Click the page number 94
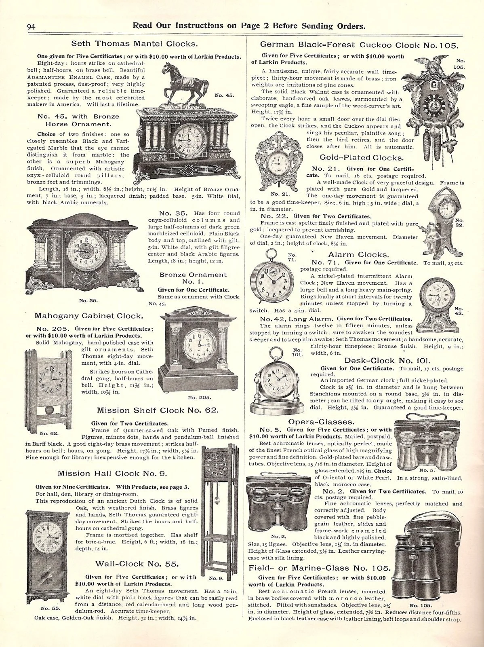tap(32, 27)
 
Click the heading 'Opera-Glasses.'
tap(321, 422)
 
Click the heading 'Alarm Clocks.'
tap(358, 254)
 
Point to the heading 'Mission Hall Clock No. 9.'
tap(112, 473)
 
